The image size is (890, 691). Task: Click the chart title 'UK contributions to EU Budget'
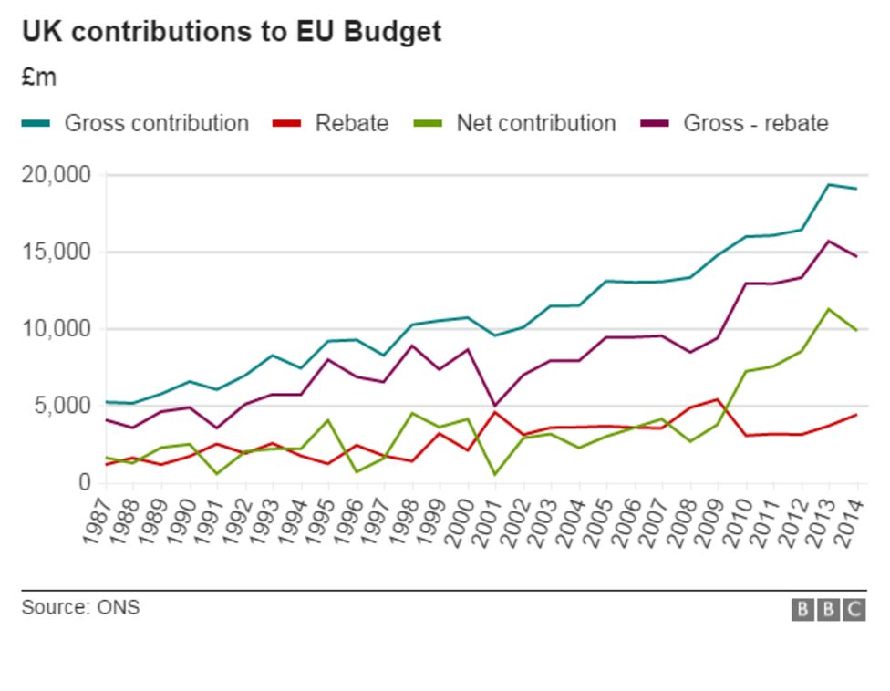pos(232,31)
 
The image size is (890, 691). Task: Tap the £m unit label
pos(39,78)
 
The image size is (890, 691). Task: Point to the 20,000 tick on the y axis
pos(56,174)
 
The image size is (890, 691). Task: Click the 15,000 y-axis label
pos(56,252)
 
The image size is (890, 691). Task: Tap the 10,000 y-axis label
pos(56,328)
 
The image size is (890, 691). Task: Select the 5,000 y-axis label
pos(61,406)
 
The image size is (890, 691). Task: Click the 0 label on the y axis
pos(83,482)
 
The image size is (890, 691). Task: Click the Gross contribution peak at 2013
pos(829,185)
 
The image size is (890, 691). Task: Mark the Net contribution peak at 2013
pos(829,309)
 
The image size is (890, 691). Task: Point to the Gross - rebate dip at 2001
pos(495,405)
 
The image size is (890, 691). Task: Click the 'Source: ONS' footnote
pos(81,607)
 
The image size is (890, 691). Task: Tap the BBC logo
pos(828,610)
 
